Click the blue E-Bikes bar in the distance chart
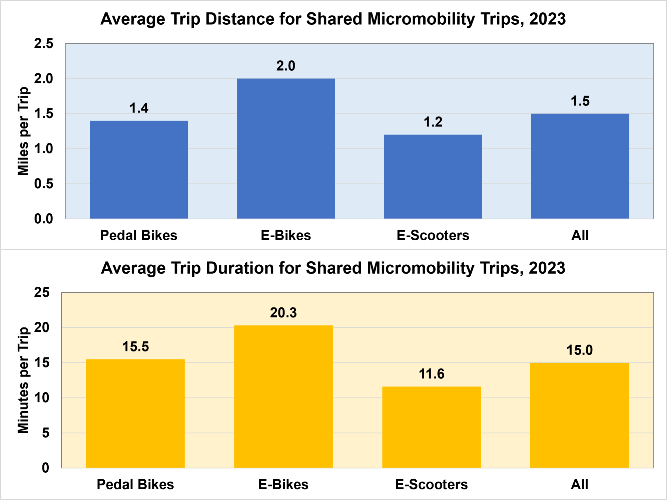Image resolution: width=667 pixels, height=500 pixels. [x=286, y=149]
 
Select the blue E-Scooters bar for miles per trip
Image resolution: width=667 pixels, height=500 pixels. [x=433, y=177]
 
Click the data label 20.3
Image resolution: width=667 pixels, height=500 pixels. [x=283, y=313]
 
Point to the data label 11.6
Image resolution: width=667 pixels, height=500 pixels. [x=432, y=374]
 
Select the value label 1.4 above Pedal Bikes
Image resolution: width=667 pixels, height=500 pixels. [x=139, y=108]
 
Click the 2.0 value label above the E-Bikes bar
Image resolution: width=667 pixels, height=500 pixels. [x=285, y=66]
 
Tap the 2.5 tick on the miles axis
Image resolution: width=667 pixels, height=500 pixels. [x=43, y=43]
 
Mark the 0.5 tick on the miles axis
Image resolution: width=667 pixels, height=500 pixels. [x=43, y=184]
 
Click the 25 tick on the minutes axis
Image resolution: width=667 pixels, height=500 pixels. [x=42, y=292]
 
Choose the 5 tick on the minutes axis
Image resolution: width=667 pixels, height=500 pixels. [x=45, y=433]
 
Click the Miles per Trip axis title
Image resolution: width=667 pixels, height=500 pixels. [x=23, y=131]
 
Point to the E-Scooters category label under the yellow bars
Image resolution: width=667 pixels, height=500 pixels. [x=431, y=484]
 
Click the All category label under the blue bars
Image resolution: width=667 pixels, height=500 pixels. [x=580, y=235]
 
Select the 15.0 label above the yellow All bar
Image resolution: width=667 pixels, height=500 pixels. [x=580, y=350]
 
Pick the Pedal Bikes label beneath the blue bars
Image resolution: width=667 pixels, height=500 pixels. [x=139, y=235]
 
